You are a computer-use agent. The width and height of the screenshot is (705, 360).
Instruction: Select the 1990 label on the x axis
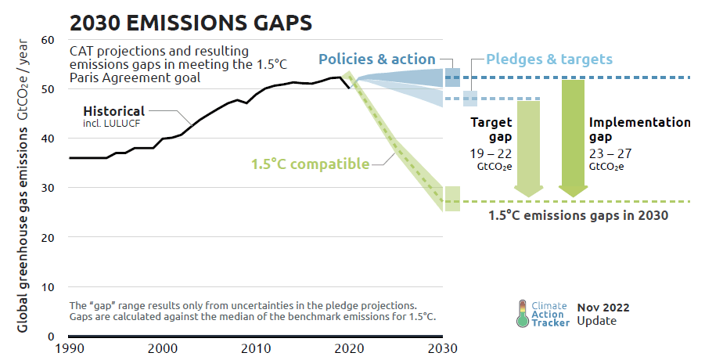[70, 347]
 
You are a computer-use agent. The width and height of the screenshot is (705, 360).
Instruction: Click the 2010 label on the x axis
[256, 347]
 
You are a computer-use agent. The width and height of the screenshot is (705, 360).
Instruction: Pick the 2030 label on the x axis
[444, 347]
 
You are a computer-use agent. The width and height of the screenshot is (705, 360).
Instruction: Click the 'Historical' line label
[114, 110]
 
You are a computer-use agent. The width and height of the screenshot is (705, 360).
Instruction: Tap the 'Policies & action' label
[376, 59]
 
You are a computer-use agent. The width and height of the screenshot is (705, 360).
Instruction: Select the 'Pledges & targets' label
[549, 59]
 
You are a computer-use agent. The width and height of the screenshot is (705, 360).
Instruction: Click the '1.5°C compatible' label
[310, 164]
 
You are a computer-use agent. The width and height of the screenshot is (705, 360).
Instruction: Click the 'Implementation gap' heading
[639, 130]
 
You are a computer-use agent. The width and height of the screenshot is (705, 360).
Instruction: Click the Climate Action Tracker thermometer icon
[521, 313]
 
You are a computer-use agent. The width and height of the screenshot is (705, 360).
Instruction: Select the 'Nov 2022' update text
[603, 308]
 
